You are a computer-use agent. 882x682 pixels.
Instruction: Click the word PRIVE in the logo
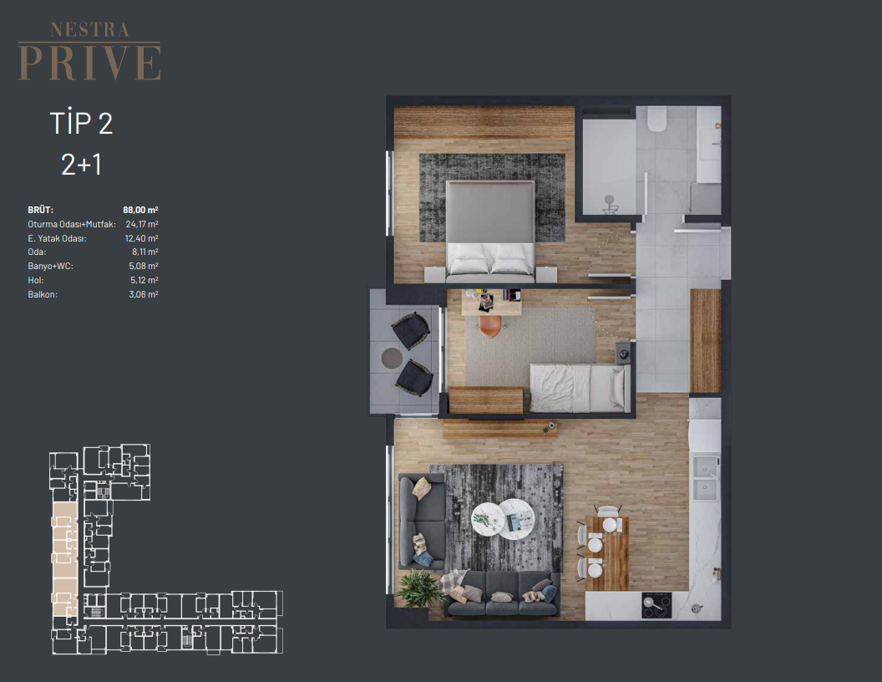pyautogui.click(x=89, y=63)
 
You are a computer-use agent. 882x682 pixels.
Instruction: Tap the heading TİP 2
pyautogui.click(x=81, y=123)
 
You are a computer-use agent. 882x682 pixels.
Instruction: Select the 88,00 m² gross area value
pyautogui.click(x=140, y=210)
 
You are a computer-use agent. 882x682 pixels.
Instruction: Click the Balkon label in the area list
pyautogui.click(x=43, y=294)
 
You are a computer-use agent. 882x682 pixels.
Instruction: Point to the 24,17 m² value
pyautogui.click(x=142, y=224)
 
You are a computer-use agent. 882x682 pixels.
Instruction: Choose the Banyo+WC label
pyautogui.click(x=51, y=266)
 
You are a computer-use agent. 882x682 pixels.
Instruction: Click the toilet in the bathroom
pyautogui.click(x=656, y=119)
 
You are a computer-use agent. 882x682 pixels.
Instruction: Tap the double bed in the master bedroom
pyautogui.click(x=490, y=231)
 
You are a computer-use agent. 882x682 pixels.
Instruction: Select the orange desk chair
pyautogui.click(x=490, y=326)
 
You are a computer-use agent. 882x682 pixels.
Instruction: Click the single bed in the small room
pyautogui.click(x=580, y=388)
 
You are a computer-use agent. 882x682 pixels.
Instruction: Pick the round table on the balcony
pyautogui.click(x=392, y=358)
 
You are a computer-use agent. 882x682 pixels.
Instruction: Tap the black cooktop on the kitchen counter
pyautogui.click(x=656, y=605)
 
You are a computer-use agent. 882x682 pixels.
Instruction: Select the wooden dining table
pyautogui.click(x=607, y=553)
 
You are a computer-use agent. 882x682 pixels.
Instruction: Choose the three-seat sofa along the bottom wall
pyautogui.click(x=502, y=595)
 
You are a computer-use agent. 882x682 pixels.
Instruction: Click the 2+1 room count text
pyautogui.click(x=81, y=165)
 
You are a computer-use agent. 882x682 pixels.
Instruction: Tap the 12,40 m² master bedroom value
pyautogui.click(x=142, y=238)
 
